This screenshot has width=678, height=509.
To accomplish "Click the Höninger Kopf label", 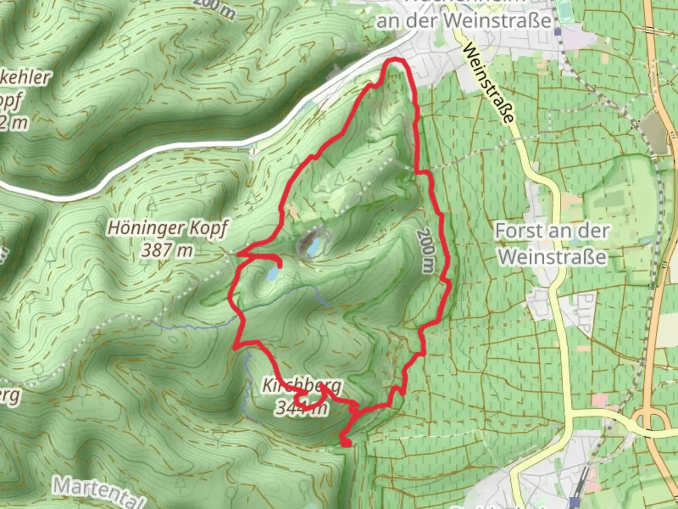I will tap(168, 228).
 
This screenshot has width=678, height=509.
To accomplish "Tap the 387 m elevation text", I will tap(167, 250).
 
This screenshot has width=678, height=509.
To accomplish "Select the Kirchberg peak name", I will tap(301, 386).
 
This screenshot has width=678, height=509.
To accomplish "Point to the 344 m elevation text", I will tap(301, 407).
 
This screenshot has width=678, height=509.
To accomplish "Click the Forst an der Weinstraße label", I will tap(552, 244).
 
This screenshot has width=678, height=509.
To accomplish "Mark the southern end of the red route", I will tap(346, 442).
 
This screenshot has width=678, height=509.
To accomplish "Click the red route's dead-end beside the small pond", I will tap(280, 265).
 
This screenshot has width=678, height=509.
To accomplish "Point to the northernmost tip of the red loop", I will tap(395, 60).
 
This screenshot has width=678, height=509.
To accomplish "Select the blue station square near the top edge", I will tap(558, 32).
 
